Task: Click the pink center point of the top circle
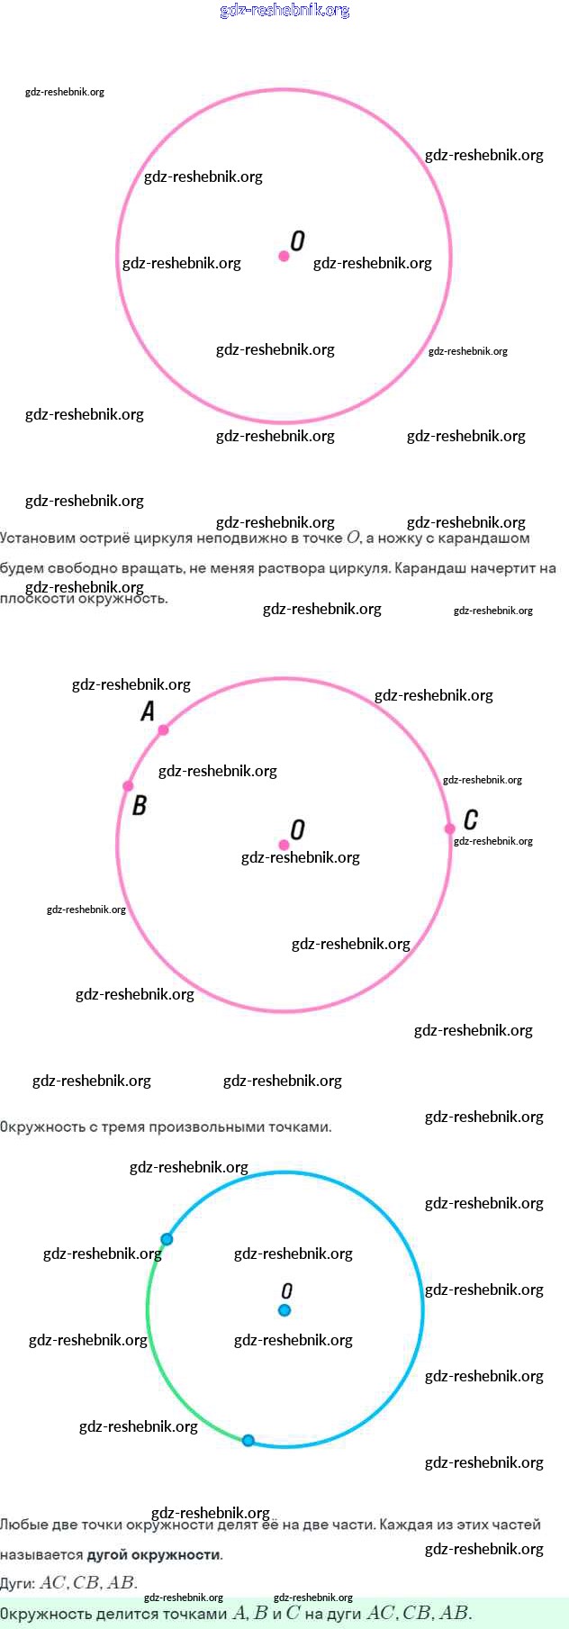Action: [x=284, y=257]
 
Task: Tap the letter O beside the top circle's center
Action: [x=298, y=240]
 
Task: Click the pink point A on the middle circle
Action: [x=163, y=729]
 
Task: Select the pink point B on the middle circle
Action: [x=128, y=786]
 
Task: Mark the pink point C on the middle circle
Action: [x=449, y=828]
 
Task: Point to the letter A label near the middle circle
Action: [x=148, y=711]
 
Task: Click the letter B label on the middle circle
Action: [x=140, y=805]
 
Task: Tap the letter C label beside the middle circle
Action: [x=471, y=819]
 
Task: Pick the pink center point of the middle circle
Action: [x=284, y=845]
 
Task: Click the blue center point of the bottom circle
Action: [x=284, y=1310]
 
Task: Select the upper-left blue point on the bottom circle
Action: [x=167, y=1239]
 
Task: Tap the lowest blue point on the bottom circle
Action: [x=248, y=1440]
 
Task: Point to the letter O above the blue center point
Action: [x=287, y=1291]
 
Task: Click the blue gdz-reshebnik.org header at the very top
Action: [x=284, y=11]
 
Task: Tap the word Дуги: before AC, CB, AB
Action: [x=18, y=1583]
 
